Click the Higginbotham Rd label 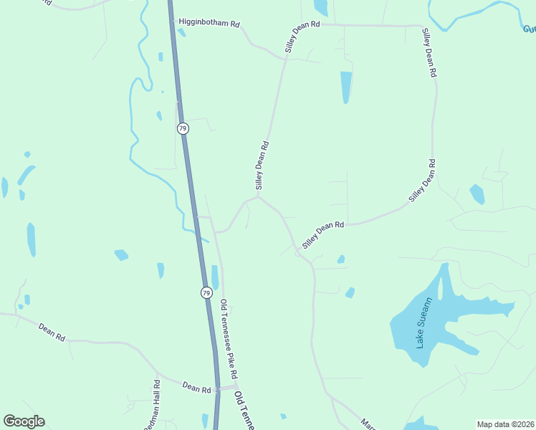(209, 23)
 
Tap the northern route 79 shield (183, 128)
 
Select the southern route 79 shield (206, 292)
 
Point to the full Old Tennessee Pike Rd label (229, 339)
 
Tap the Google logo (24, 421)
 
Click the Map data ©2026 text (506, 424)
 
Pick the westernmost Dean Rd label (52, 331)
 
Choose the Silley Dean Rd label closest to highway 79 (263, 165)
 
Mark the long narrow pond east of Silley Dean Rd (346, 86)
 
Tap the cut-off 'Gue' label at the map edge (529, 29)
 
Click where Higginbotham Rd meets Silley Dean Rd (286, 59)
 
